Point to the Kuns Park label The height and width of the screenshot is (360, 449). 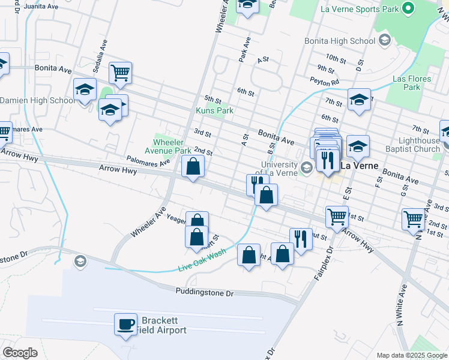(x=214, y=110)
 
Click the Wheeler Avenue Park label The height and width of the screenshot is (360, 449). (x=172, y=146)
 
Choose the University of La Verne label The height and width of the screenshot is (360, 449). (x=279, y=169)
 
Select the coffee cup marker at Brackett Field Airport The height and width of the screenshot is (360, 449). (x=126, y=325)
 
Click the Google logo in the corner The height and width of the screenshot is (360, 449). (x=20, y=353)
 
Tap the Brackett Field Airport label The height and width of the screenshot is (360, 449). (x=163, y=325)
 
